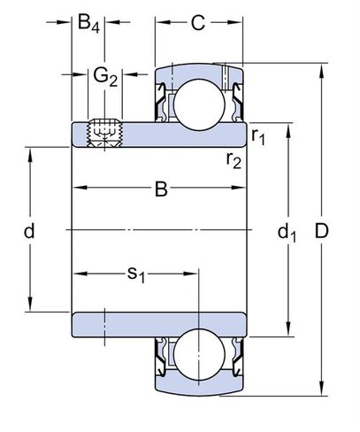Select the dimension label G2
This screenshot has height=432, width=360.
[105, 77]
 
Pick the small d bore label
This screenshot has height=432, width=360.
[28, 232]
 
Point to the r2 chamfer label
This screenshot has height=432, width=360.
[234, 159]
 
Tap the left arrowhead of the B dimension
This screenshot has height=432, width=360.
[77, 188]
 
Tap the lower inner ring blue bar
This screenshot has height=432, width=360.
[159, 327]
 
